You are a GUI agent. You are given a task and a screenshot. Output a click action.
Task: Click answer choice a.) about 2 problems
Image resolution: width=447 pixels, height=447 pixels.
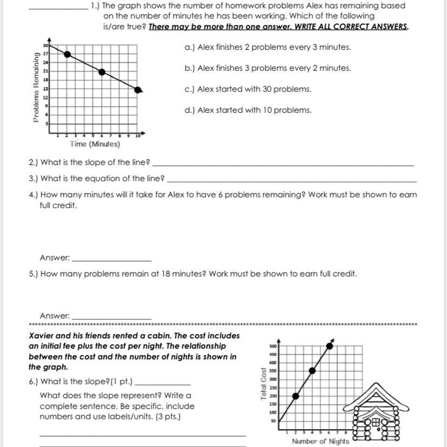(x=268, y=48)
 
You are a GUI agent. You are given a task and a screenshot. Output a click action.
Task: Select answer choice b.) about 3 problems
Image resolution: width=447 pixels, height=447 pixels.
(x=268, y=69)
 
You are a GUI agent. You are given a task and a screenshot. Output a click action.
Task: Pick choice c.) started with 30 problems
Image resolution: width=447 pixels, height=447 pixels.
(x=248, y=89)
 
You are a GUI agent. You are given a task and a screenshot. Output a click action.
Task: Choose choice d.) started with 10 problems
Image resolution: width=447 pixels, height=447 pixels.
(x=248, y=110)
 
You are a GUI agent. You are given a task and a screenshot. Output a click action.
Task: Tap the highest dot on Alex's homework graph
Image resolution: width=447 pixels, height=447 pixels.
(x=67, y=54)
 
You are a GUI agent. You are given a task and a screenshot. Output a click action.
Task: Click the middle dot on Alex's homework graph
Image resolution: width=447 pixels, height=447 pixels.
(x=102, y=72)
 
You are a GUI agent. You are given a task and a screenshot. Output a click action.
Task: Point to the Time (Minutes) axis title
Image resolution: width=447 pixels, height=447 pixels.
(x=95, y=144)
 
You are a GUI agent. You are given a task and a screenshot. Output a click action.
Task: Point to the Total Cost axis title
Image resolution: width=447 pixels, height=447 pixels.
(x=264, y=384)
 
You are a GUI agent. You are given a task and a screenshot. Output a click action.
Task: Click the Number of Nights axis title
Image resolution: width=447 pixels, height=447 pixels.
(x=320, y=441)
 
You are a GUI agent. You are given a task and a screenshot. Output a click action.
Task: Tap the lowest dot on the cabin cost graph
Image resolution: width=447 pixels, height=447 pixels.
(x=295, y=396)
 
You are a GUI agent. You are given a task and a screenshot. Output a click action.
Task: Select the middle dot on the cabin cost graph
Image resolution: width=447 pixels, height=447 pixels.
(x=312, y=370)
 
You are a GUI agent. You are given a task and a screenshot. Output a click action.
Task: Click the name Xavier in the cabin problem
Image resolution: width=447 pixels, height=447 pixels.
(x=41, y=336)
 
